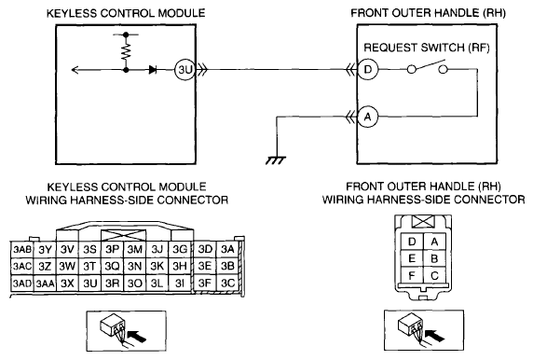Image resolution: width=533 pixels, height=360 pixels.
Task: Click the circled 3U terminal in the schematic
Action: point(184,70)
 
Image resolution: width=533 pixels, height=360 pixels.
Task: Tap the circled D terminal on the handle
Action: point(367,70)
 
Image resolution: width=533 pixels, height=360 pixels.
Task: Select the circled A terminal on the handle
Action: point(367,118)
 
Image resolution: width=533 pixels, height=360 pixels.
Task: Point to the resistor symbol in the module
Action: point(126,52)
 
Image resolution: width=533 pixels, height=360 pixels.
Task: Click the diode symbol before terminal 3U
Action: point(153,70)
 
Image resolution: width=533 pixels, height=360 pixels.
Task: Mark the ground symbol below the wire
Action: point(276,160)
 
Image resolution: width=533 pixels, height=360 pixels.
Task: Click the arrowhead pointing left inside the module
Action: point(75,70)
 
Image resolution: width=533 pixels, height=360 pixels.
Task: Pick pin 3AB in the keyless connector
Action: point(22,250)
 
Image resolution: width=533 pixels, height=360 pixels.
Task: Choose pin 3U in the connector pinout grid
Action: point(89,284)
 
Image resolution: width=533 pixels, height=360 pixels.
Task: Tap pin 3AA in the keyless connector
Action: point(45,284)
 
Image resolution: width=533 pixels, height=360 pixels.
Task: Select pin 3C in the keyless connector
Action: point(227,284)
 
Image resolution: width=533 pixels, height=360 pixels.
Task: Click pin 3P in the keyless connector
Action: point(112,250)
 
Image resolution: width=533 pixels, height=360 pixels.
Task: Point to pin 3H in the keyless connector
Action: point(180,266)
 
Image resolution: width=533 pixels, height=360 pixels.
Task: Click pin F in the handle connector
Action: point(412,275)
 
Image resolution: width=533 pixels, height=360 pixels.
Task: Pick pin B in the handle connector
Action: point(434,258)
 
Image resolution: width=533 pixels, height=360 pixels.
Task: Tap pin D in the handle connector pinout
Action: point(412,242)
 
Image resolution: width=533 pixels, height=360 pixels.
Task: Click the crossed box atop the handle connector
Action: point(423,222)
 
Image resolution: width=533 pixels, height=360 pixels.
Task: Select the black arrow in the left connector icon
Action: point(138,336)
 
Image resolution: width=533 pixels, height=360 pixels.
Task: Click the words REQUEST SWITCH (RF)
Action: point(426,48)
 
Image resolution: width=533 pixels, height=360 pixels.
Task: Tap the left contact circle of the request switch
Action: point(411,70)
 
